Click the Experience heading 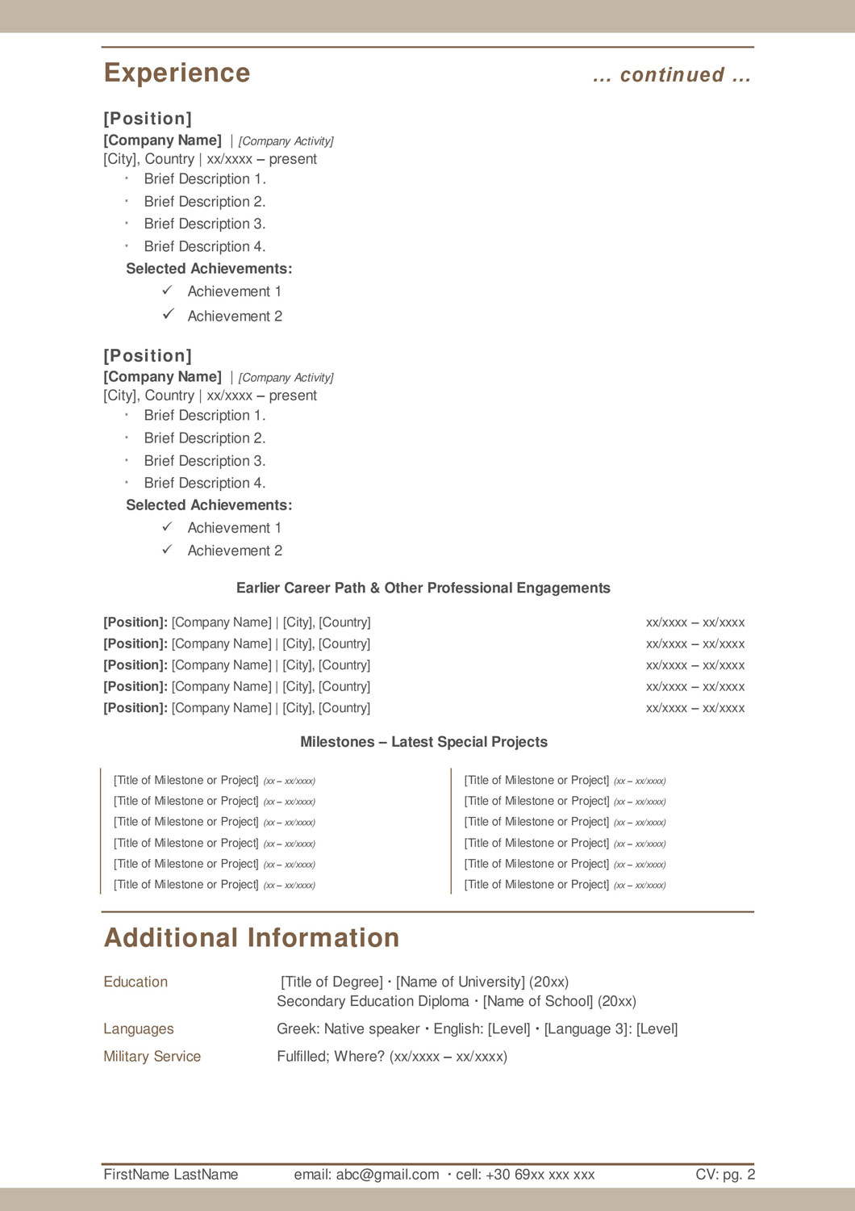tap(177, 73)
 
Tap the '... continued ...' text tap(671, 75)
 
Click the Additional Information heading tap(252, 938)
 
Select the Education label tap(136, 983)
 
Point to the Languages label tap(139, 1029)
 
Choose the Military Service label tap(152, 1057)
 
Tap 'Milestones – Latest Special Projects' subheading tap(423, 743)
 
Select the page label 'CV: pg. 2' tap(725, 1175)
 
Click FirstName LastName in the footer tap(171, 1175)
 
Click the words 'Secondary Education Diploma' tap(373, 1002)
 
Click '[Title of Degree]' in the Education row tap(332, 983)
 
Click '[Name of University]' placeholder tap(461, 983)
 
